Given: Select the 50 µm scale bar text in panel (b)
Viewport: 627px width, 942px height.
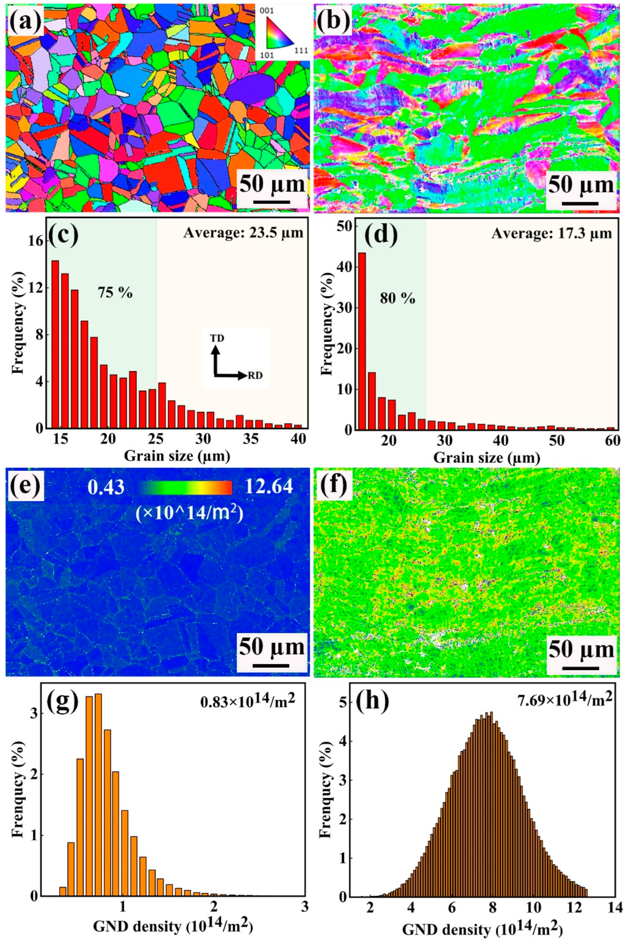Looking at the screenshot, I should (x=581, y=185).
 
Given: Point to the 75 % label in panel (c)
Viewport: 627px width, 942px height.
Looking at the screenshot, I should (x=115, y=293).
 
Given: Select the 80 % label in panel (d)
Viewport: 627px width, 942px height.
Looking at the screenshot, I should (x=397, y=299).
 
